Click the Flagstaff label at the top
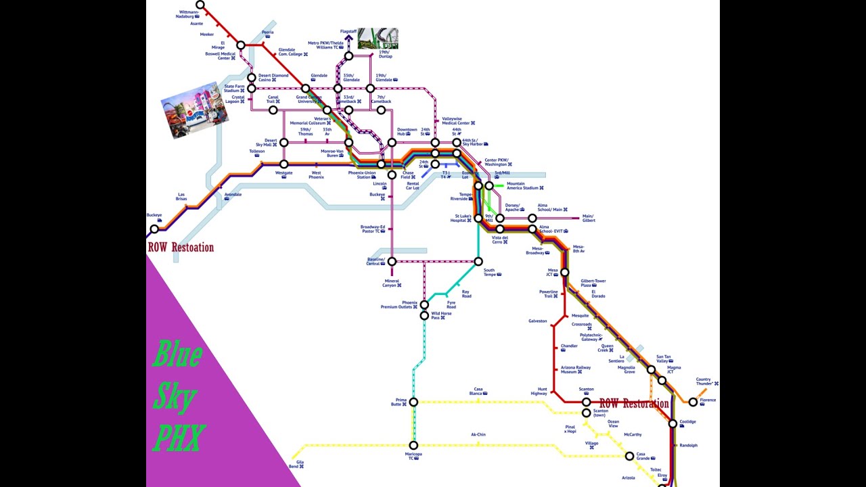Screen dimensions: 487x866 (x=349, y=30)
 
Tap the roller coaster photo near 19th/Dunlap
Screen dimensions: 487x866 (x=378, y=39)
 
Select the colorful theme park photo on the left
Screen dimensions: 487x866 (x=194, y=110)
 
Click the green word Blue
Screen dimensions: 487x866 (x=177, y=354)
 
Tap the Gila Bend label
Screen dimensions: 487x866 (x=296, y=464)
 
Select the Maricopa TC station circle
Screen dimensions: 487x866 (x=413, y=446)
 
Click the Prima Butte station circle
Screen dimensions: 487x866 (x=413, y=402)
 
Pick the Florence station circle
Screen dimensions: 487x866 (x=693, y=402)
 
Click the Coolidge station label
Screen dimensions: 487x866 (x=687, y=422)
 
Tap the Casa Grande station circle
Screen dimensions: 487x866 (x=629, y=456)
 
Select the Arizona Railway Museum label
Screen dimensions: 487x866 (x=575, y=369)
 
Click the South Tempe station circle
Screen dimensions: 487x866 (x=478, y=262)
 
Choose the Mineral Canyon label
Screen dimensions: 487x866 (x=392, y=283)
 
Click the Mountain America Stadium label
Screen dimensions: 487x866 (x=524, y=185)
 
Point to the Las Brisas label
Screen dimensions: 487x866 (x=181, y=196)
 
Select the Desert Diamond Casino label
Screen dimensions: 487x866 (x=273, y=78)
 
